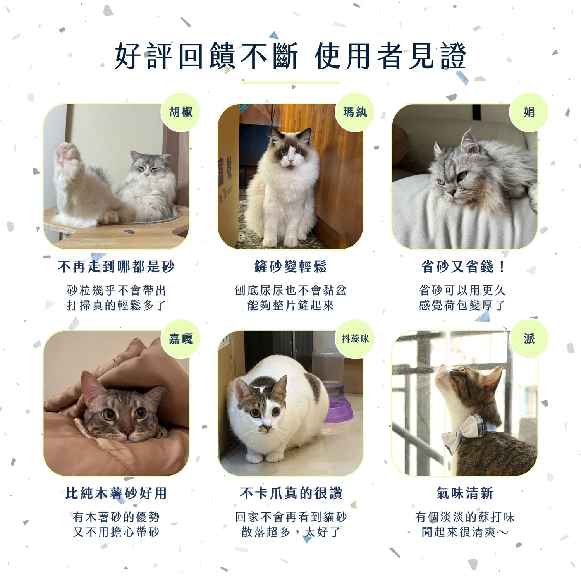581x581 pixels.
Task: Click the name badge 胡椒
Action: tap(180, 112)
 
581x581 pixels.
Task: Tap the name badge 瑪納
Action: tap(355, 112)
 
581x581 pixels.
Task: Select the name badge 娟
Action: tap(529, 112)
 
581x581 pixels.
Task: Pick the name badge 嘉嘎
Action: tap(180, 339)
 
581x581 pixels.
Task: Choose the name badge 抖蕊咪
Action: tap(355, 339)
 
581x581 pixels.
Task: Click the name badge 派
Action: tap(529, 339)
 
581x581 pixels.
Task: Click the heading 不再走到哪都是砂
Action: tap(116, 266)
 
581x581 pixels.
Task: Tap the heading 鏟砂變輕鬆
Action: tap(290, 266)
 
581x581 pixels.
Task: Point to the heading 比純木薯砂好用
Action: tap(116, 493)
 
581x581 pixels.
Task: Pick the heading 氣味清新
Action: tap(465, 493)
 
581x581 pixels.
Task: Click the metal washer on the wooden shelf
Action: tap(129, 232)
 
